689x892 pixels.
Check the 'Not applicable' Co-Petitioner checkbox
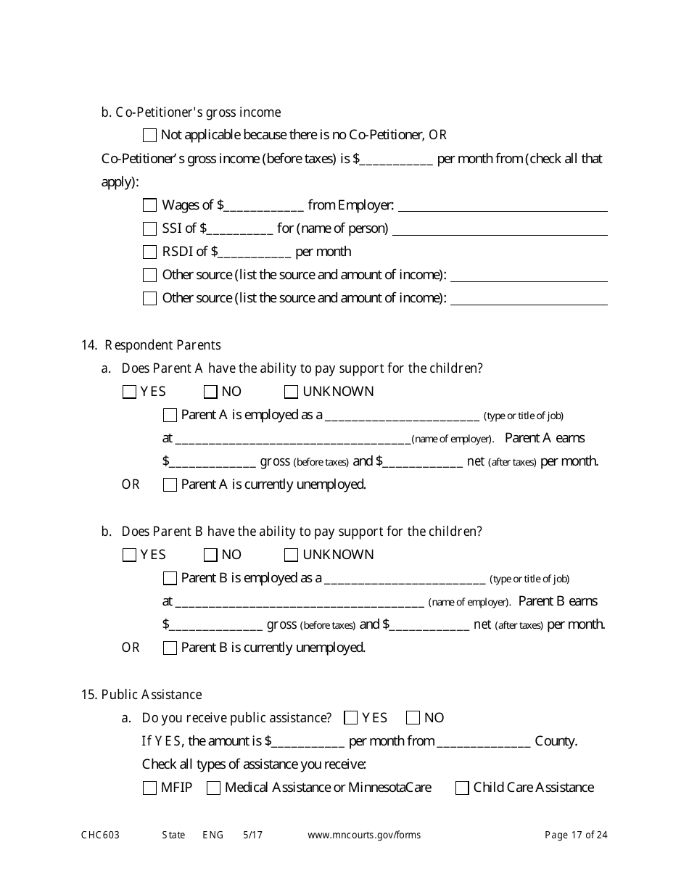[149, 135]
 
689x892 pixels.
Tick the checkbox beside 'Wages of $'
[149, 205]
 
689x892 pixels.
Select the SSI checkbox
[149, 229]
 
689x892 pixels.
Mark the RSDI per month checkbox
[149, 252]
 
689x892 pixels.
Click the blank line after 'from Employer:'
[503, 207]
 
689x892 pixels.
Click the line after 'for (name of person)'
[500, 230]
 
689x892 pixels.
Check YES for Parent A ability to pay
[129, 392]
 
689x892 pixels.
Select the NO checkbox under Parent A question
[210, 392]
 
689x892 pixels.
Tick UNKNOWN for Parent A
[291, 392]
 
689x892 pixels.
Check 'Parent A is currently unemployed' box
[170, 485]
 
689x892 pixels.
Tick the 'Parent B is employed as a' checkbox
[170, 579]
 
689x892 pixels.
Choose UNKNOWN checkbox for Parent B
[291, 556]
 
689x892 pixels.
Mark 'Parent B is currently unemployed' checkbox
[170, 648]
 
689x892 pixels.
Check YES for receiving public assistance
[350, 718]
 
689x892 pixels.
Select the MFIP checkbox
[149, 788]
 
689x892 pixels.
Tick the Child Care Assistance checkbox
[462, 788]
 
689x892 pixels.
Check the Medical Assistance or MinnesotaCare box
[213, 788]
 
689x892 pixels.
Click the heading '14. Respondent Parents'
[151, 345]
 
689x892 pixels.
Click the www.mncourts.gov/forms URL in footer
[364, 835]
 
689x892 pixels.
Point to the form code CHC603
[100, 835]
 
